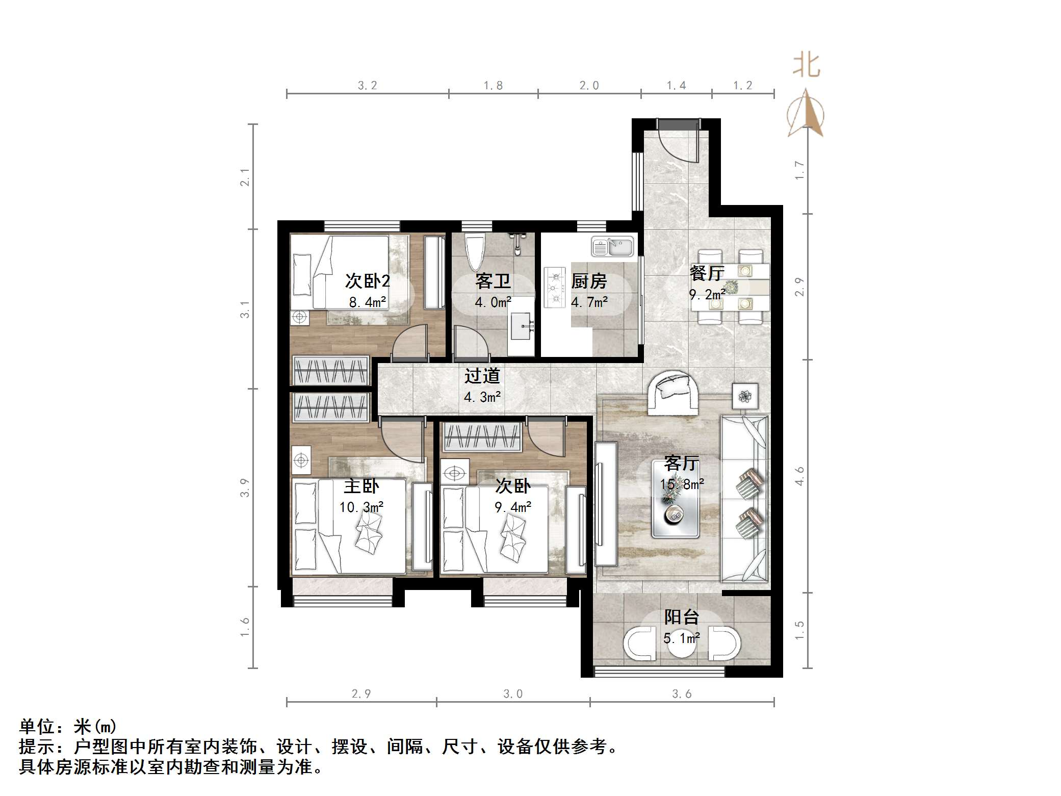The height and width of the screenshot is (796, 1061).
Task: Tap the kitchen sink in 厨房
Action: [612, 247]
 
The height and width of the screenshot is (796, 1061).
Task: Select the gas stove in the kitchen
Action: [554, 288]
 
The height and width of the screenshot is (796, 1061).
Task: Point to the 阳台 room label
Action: [681, 618]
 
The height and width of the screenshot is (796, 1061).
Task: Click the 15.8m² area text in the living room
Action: [682, 484]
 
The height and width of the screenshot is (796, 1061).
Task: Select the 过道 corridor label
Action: [482, 376]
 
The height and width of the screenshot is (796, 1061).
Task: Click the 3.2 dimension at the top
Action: [367, 86]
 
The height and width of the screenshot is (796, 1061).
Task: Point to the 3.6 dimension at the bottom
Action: [682, 694]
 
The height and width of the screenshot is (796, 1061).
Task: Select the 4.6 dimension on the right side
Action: [799, 476]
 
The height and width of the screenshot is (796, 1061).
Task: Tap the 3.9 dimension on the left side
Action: [245, 487]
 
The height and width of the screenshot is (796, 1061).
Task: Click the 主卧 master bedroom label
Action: [361, 486]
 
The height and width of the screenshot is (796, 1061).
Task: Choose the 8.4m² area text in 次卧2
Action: [367, 302]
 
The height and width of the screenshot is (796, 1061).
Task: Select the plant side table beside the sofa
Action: [745, 396]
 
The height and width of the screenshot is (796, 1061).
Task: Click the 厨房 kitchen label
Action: [589, 281]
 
